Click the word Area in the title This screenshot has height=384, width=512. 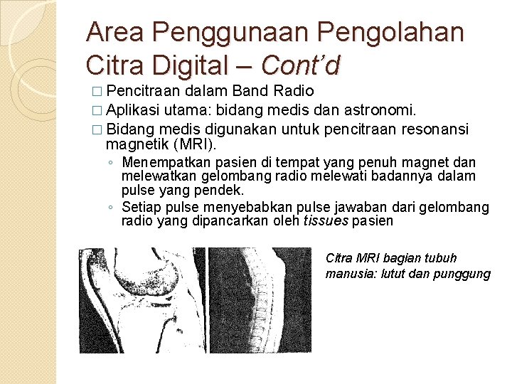117,32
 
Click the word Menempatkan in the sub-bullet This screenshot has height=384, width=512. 166,163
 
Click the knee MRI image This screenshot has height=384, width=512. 141,299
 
